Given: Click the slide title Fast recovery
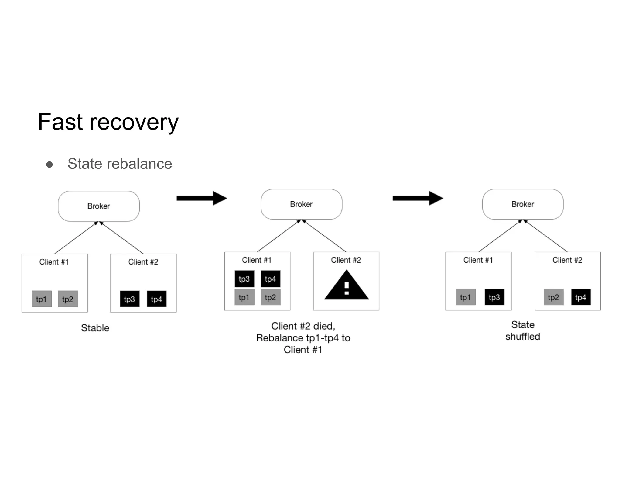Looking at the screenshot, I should tap(108, 122).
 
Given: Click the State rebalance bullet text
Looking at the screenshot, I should tap(120, 164).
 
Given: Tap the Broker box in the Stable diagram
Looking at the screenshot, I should tap(99, 206).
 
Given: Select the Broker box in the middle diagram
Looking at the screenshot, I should tap(301, 204).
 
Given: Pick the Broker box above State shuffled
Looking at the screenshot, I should tap(523, 204).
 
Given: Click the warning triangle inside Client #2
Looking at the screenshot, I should tap(347, 286).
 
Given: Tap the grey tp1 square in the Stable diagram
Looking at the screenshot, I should tap(42, 299).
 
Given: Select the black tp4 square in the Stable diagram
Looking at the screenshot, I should tap(156, 299).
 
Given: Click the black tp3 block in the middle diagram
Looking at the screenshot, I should tap(244, 279).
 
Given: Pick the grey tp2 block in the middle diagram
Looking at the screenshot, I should tap(270, 297).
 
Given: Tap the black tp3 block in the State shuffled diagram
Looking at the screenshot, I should tap(494, 297).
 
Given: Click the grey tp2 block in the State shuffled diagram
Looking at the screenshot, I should tap(553, 297).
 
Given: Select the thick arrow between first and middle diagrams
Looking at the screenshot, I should tap(202, 198).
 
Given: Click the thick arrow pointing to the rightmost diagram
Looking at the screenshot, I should tap(418, 198).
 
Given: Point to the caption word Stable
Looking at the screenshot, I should tap(95, 328).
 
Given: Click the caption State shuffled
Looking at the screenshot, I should tap(523, 331).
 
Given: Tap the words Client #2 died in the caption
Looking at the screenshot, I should tap(303, 326).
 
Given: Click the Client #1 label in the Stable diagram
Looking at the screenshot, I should tap(54, 262).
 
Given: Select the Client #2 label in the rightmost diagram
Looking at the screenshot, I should tap(567, 260).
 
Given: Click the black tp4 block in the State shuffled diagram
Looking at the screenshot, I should tap(581, 297).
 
